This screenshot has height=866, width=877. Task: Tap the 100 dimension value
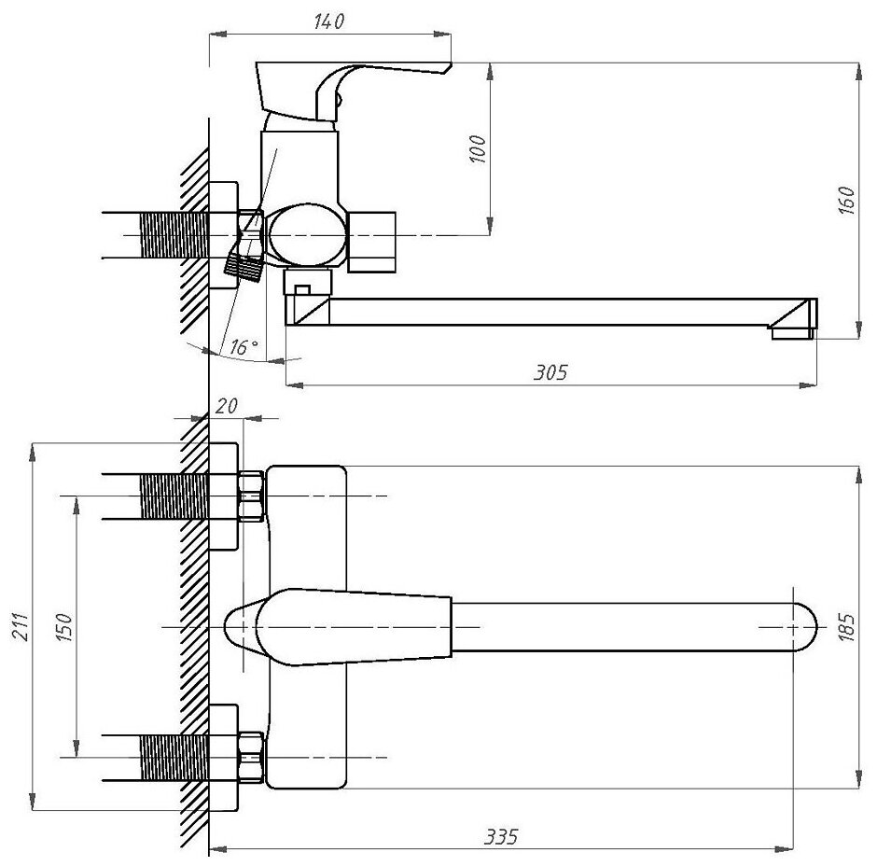tap(478, 148)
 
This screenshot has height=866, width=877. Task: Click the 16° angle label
tap(244, 347)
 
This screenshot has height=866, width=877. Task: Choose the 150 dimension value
tap(63, 626)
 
